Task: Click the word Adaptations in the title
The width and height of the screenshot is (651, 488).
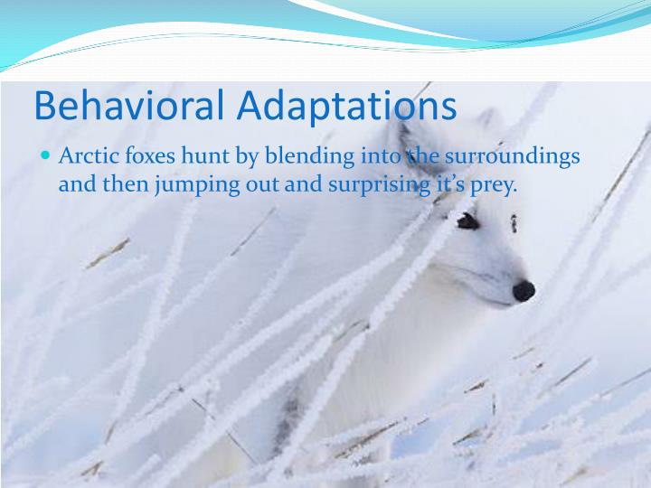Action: click(x=348, y=106)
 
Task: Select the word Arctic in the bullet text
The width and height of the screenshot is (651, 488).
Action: click(x=87, y=156)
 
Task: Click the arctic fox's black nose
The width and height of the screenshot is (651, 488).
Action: click(x=524, y=291)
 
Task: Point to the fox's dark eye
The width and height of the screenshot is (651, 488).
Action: click(x=467, y=220)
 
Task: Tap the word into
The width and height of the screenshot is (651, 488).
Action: click(x=381, y=156)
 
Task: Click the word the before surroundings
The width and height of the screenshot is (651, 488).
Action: click(x=422, y=156)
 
